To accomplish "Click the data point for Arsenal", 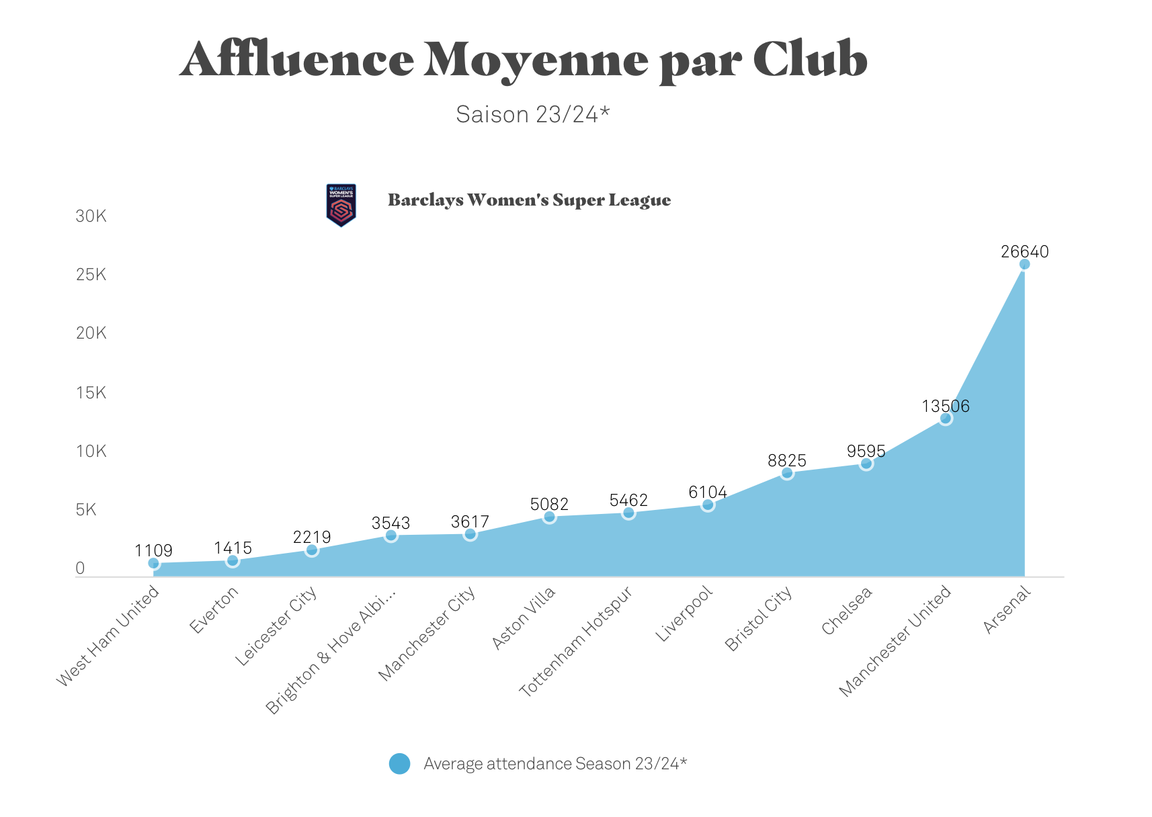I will [x=1024, y=264].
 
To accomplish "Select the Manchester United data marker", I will [x=946, y=419].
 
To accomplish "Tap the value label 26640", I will [x=1024, y=252].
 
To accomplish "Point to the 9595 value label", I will [x=866, y=451].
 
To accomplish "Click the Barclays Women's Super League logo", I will [x=341, y=205].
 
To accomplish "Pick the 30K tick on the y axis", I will [x=91, y=216].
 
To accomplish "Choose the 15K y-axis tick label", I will [x=91, y=393].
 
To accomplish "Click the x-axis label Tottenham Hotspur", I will [x=577, y=642].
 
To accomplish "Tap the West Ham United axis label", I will [x=108, y=636].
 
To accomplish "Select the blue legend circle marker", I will [x=399, y=764].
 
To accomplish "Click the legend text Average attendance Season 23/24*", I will [x=555, y=764].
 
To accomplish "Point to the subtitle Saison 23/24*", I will [x=532, y=115].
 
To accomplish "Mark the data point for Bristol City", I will [x=787, y=473].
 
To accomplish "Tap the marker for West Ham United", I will [x=154, y=563].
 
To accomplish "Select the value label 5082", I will [x=549, y=505].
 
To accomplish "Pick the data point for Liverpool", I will [x=708, y=505].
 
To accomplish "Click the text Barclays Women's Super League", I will [x=529, y=200].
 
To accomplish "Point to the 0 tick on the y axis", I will [x=81, y=568].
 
